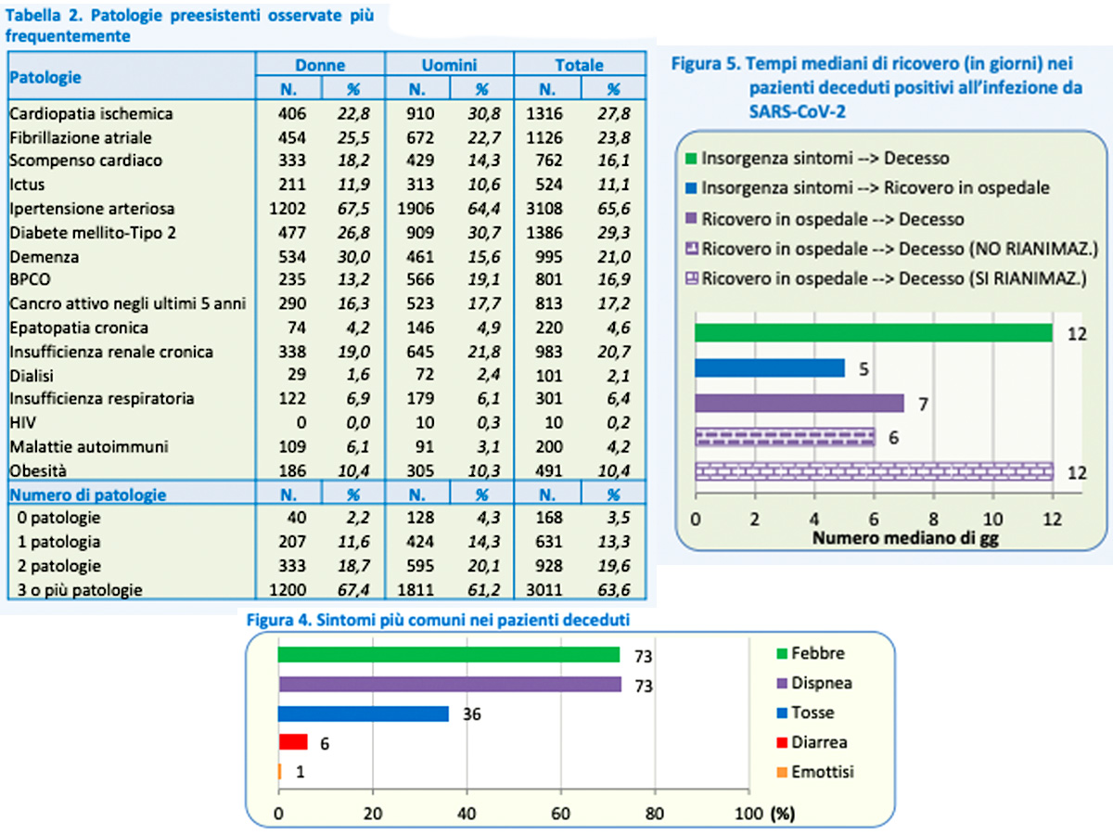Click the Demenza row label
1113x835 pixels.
click(45, 257)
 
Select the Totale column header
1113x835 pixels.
click(579, 65)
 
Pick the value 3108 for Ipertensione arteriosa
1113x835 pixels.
click(544, 209)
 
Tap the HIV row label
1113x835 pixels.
click(23, 422)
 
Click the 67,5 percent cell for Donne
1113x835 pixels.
click(353, 209)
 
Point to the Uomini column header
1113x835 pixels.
click(449, 65)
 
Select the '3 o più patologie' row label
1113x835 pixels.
click(80, 590)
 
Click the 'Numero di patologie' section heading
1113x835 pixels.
click(88, 495)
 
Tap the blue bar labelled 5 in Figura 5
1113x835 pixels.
click(770, 367)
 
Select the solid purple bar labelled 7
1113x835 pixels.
click(800, 403)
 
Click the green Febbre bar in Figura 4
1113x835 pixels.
click(449, 654)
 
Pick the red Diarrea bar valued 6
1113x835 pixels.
click(293, 741)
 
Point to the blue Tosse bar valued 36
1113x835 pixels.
click(364, 713)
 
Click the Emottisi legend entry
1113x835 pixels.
click(815, 772)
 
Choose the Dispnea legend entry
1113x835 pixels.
click(814, 683)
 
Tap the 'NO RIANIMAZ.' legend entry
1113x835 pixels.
click(892, 249)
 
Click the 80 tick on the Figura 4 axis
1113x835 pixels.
click(655, 814)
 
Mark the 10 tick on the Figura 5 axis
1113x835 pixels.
click(992, 519)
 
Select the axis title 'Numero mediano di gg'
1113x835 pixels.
click(905, 538)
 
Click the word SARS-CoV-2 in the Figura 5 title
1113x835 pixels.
click(797, 111)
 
